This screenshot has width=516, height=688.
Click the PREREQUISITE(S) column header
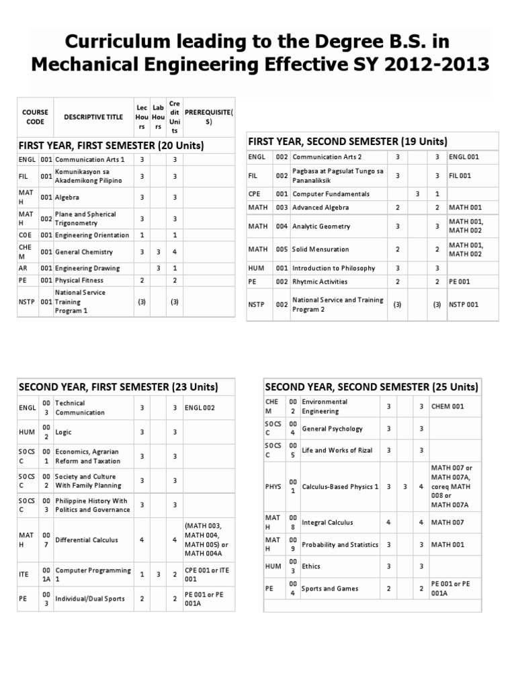[x=208, y=117]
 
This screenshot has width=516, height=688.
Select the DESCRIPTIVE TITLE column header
[x=93, y=117]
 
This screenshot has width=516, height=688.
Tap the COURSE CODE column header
[x=35, y=117]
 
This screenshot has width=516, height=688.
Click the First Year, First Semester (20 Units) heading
[x=112, y=145]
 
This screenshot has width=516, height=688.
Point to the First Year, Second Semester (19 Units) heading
[x=348, y=141]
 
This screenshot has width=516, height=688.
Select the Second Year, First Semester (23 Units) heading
[x=118, y=387]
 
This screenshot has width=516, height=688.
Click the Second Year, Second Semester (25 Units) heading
[x=372, y=387]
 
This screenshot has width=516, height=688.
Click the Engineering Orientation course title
[x=92, y=235]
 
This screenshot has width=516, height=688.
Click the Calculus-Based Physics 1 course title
[x=341, y=486]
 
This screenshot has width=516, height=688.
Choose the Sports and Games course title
[x=330, y=589]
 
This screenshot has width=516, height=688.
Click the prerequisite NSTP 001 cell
[x=464, y=304]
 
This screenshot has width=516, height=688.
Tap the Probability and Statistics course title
[x=341, y=545]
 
